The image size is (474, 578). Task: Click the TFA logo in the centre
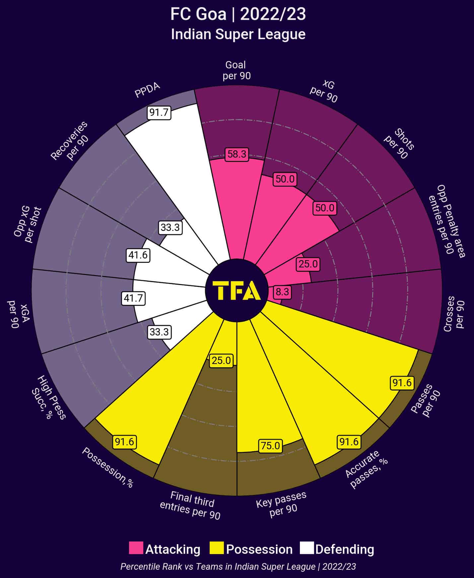click(x=237, y=290)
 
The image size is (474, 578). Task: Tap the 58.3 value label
click(x=237, y=154)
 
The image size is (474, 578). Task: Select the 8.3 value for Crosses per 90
click(x=282, y=292)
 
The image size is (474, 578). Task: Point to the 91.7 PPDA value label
click(x=159, y=112)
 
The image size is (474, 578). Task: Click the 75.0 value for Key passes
click(x=270, y=446)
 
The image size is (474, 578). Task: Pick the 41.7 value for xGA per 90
click(x=133, y=298)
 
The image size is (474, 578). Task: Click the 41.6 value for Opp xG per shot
click(x=138, y=255)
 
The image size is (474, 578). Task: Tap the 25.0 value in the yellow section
click(x=221, y=360)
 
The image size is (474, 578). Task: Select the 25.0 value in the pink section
click(x=308, y=264)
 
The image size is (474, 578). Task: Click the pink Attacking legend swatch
click(x=136, y=548)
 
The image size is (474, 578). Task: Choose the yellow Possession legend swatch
click(x=217, y=548)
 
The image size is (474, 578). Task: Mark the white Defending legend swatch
click(x=306, y=548)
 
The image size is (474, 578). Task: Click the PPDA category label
click(x=147, y=90)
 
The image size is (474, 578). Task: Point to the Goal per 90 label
click(x=236, y=70)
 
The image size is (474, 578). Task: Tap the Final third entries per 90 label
click(x=191, y=505)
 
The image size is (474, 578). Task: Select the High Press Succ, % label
click(x=49, y=397)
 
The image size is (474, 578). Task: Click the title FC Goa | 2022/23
click(x=238, y=15)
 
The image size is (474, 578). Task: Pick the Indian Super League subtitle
click(x=238, y=35)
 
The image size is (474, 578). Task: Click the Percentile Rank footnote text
click(x=238, y=566)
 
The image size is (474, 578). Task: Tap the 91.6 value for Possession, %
click(x=125, y=442)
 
